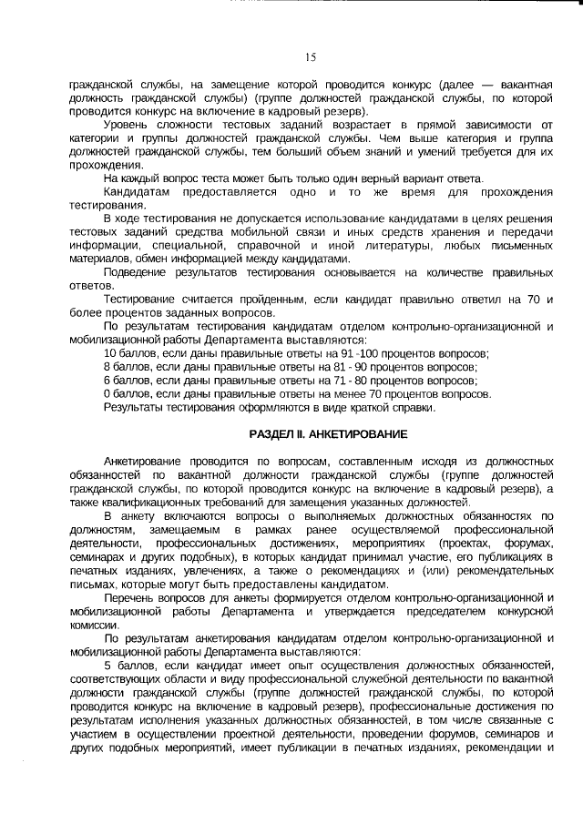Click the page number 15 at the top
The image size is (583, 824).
pos(311,57)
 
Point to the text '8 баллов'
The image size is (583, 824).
pos(126,367)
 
